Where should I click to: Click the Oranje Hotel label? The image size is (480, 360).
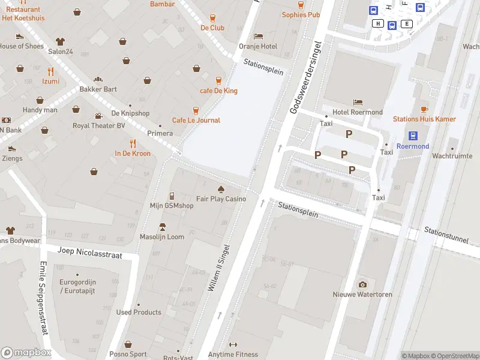tap(258, 46)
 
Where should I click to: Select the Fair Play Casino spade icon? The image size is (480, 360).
tap(221, 188)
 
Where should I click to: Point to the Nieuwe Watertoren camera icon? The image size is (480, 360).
tap(362, 284)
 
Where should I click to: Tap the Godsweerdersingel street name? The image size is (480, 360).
tap(305, 77)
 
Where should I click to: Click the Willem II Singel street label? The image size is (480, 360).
tap(219, 268)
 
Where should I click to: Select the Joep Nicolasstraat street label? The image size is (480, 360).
tap(89, 252)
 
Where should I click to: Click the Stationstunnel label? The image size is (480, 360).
tap(446, 235)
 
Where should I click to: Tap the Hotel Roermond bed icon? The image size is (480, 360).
tap(358, 102)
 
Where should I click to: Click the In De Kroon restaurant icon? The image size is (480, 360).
tap(133, 143)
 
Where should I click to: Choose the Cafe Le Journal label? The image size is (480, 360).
tap(196, 120)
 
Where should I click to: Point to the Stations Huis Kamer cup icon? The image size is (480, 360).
tap(424, 109)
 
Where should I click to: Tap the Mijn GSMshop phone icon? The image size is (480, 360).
tap(172, 196)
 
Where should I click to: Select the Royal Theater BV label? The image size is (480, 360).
tap(99, 126)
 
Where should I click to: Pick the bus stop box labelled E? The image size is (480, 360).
tap(407, 24)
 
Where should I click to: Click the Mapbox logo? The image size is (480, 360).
tap(26, 353)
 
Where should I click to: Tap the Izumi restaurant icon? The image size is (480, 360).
tap(50, 71)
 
